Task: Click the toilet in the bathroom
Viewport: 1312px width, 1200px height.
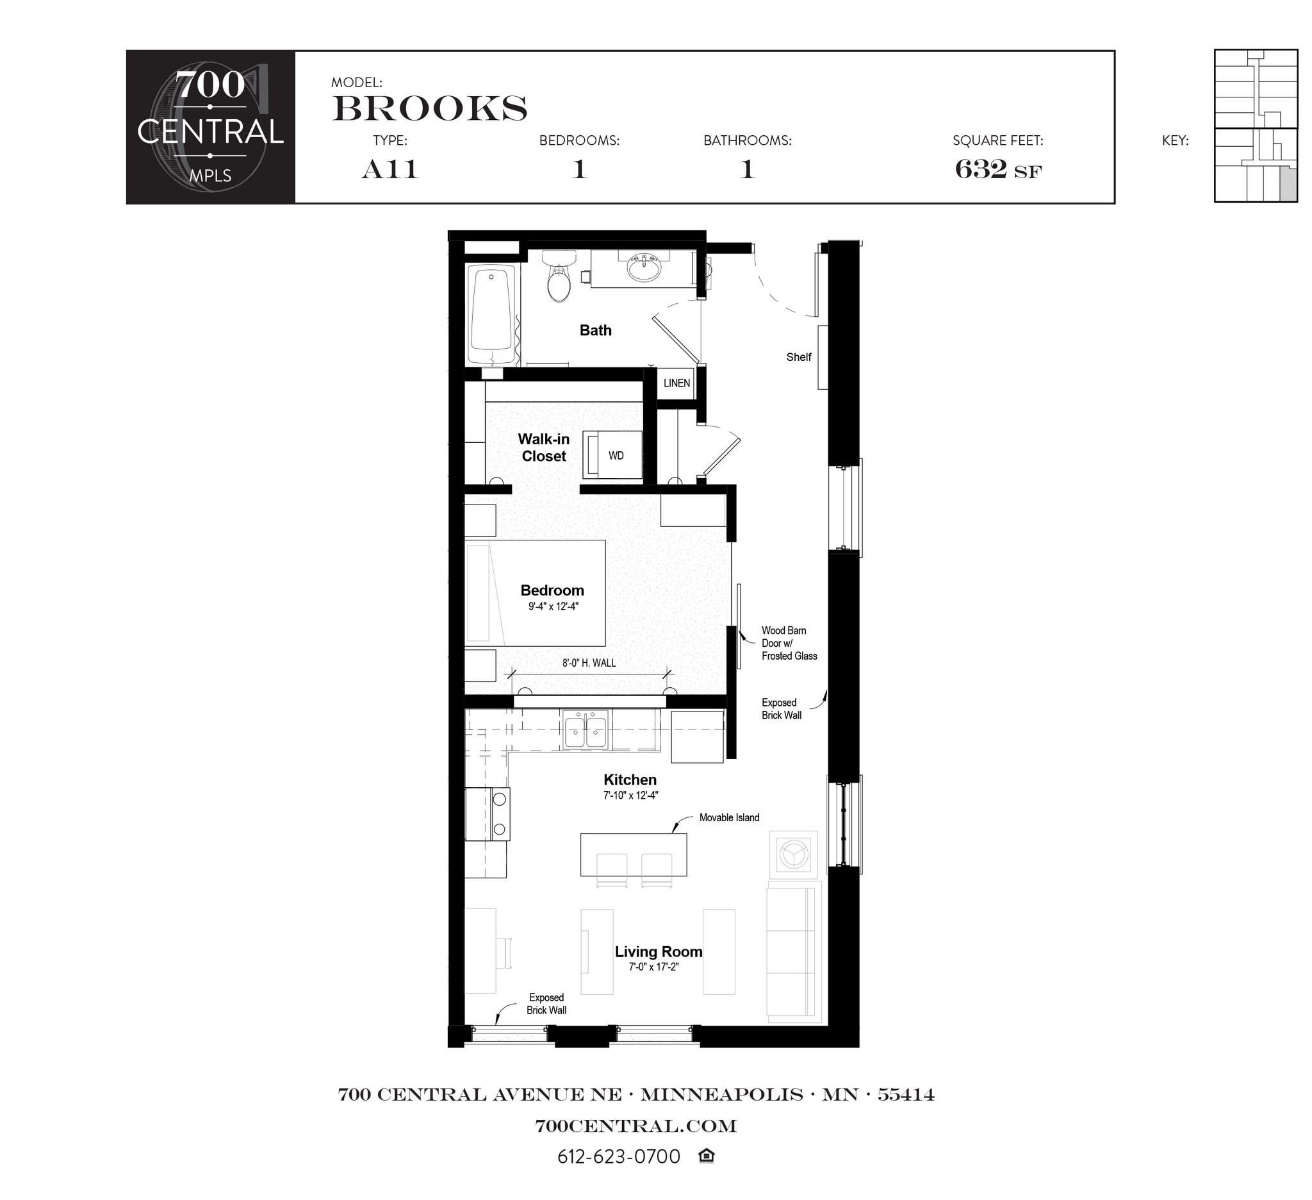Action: click(x=559, y=280)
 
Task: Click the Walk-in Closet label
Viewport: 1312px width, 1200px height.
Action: click(x=543, y=447)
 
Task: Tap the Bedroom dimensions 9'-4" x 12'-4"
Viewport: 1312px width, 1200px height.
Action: click(x=553, y=606)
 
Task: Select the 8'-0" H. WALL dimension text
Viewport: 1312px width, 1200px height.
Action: click(x=589, y=663)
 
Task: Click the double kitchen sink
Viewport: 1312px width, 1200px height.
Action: click(x=586, y=730)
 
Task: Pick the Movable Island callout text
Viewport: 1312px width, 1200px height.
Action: click(x=729, y=817)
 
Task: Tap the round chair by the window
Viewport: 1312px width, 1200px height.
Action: click(x=793, y=854)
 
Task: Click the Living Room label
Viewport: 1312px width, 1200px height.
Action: click(x=658, y=951)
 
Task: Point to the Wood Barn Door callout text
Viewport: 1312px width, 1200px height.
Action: click(x=788, y=643)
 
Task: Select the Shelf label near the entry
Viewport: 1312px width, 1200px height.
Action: click(x=798, y=357)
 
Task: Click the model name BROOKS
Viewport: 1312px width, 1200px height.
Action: click(x=429, y=108)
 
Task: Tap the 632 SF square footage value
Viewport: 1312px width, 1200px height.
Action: click(x=997, y=169)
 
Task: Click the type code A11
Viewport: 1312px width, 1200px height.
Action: click(x=390, y=169)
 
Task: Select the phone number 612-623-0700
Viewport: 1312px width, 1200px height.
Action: click(x=618, y=1156)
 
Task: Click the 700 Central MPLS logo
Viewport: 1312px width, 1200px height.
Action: click(x=210, y=127)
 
